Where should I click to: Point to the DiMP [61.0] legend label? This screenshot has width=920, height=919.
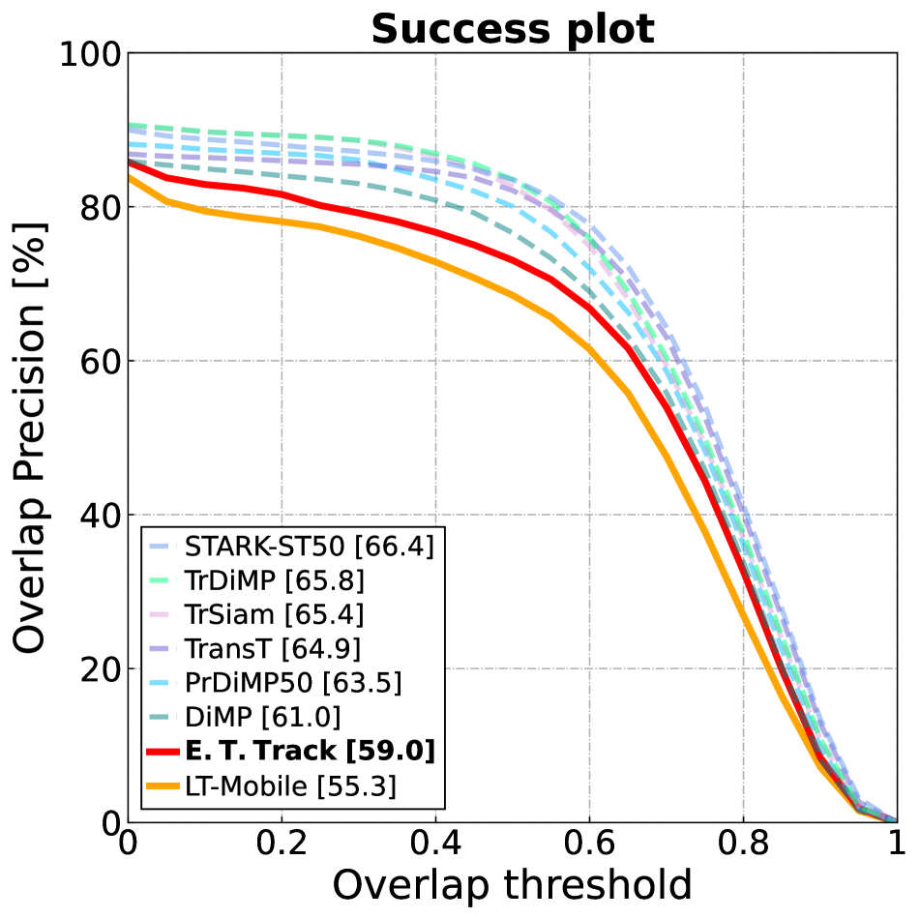(x=262, y=717)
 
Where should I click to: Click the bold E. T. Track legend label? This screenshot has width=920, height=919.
(x=309, y=752)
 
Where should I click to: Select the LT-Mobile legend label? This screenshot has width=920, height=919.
(x=290, y=786)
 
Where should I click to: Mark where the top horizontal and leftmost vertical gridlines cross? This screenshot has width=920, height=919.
(x=282, y=206)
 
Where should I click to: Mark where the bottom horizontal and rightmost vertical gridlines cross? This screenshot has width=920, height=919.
(x=743, y=667)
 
